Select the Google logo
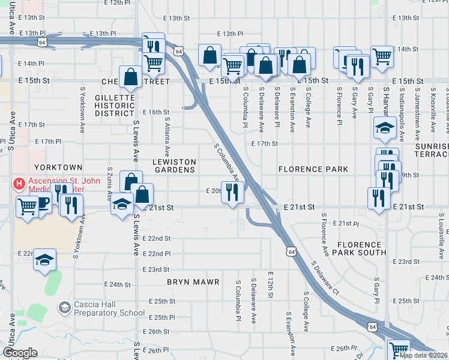(x=20, y=353)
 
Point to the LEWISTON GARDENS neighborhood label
(x=174, y=166)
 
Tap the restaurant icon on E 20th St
(x=233, y=192)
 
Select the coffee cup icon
(x=44, y=202)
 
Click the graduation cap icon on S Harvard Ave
(x=384, y=127)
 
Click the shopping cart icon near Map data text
(x=398, y=349)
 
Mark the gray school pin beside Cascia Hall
(x=64, y=308)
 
